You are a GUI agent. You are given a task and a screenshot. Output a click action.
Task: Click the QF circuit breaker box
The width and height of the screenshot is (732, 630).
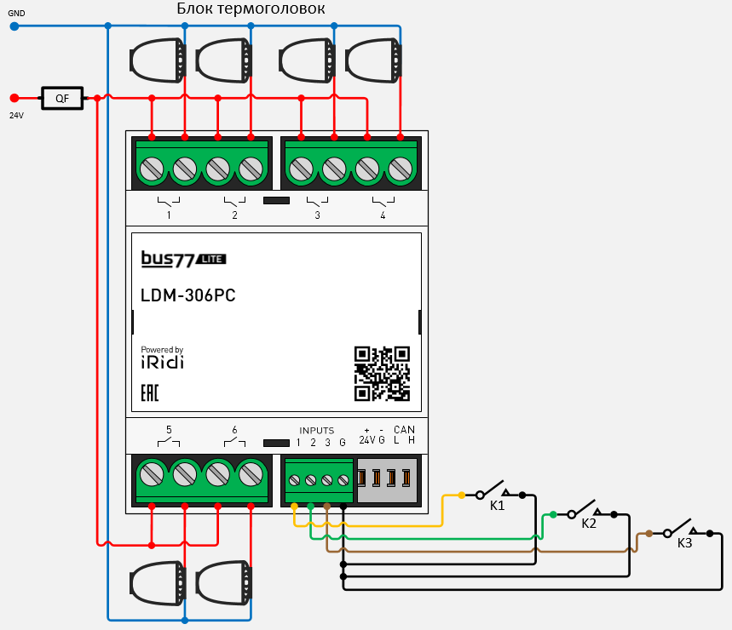[x=62, y=99]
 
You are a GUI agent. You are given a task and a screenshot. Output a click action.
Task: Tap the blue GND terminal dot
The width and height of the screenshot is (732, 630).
[x=14, y=26]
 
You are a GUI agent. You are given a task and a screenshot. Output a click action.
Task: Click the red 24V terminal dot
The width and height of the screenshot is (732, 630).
[x=14, y=99]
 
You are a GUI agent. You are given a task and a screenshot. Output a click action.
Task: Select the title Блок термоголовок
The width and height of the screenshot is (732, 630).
[x=251, y=9]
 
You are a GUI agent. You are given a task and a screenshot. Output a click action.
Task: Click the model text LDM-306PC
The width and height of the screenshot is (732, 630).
[x=187, y=296]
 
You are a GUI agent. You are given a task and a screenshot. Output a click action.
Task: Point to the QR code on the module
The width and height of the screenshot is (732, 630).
[x=382, y=373]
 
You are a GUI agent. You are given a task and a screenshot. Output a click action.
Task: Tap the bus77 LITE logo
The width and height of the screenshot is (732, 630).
[x=183, y=258]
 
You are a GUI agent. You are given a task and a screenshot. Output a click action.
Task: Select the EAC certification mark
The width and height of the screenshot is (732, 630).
[x=149, y=393]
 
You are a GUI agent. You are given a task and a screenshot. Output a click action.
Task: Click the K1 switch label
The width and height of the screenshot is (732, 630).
[x=497, y=506]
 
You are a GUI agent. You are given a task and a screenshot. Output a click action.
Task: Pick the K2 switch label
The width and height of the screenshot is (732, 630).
[x=589, y=524]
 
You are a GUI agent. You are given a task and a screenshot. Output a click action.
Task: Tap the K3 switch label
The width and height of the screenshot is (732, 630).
[x=685, y=542]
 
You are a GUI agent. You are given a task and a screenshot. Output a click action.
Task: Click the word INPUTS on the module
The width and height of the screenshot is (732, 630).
[x=316, y=431]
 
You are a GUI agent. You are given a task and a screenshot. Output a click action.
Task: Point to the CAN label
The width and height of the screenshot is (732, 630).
[x=404, y=430]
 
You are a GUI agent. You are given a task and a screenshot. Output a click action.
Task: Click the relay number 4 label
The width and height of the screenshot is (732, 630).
[x=383, y=216]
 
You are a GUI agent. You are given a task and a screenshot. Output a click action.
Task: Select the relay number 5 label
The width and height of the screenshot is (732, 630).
[x=169, y=430]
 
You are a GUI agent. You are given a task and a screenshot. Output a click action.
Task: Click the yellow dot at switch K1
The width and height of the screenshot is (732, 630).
[x=461, y=495]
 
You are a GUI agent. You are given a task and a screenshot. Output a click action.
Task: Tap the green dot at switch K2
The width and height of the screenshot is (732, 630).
[x=553, y=514]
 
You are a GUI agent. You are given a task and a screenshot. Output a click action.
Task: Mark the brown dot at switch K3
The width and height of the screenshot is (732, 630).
[x=649, y=533]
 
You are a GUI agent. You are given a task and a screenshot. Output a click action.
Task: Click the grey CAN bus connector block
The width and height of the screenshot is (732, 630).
[x=387, y=479]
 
